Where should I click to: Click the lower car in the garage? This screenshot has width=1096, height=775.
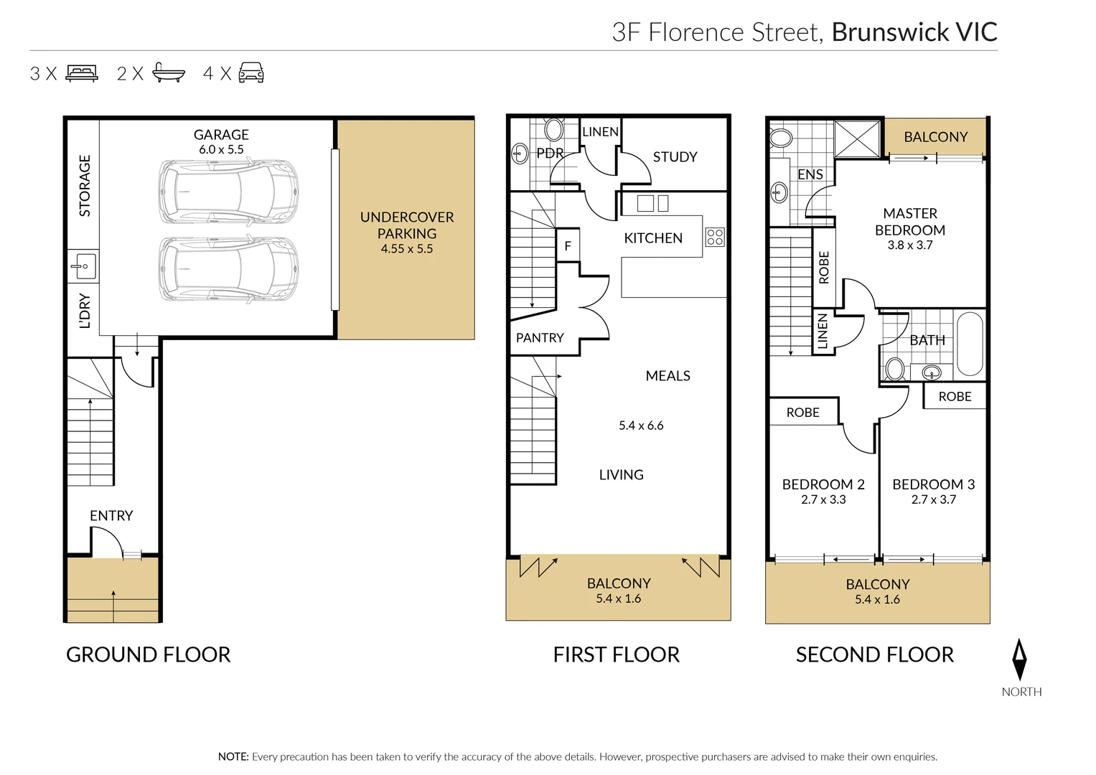(228, 269)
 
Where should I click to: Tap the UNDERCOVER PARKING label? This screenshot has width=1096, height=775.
(406, 225)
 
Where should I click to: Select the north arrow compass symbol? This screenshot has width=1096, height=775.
(1019, 659)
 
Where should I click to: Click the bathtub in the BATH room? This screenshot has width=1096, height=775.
(970, 344)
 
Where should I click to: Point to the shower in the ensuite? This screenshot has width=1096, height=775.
(857, 138)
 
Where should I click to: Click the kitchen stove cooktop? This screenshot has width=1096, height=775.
(715, 237)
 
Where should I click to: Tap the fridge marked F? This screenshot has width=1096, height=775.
(568, 246)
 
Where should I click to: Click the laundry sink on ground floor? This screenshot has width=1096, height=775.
(83, 266)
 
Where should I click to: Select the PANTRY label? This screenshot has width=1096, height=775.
(540, 338)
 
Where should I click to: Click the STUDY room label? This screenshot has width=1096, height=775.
(675, 157)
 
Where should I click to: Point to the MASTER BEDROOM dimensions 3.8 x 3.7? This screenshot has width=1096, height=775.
(909, 245)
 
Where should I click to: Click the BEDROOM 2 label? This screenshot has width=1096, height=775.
(823, 484)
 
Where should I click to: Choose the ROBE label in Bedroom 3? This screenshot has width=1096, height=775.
(955, 397)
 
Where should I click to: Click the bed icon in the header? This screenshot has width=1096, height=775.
(82, 73)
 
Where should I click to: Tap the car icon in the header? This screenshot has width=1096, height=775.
(251, 72)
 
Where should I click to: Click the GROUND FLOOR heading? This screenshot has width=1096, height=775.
(148, 654)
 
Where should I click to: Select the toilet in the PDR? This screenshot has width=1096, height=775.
(553, 130)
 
